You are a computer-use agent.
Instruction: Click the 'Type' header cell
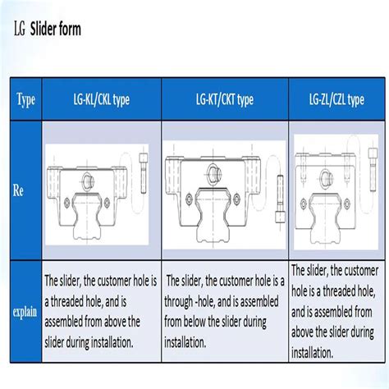tap(25, 99)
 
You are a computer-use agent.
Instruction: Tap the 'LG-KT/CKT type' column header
tap(224, 99)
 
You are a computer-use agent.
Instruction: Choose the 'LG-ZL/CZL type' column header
tap(336, 99)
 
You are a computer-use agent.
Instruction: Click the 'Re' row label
tap(18, 189)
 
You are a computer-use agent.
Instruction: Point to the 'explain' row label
tap(25, 313)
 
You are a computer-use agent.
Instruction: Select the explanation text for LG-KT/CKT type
tap(224, 313)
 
